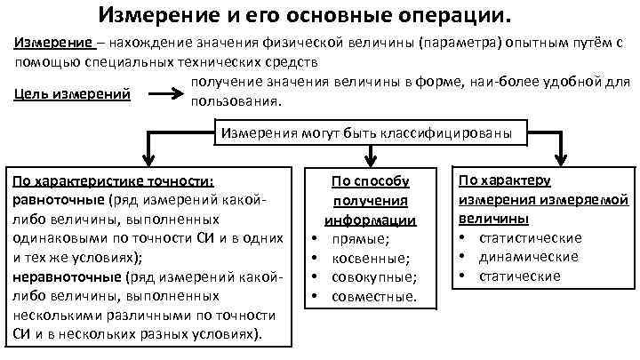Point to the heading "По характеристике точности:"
(x=114, y=180)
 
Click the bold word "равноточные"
(x=59, y=200)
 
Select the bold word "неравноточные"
(x=68, y=277)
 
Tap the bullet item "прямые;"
(x=360, y=239)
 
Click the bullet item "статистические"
(x=531, y=237)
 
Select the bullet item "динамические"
(x=528, y=257)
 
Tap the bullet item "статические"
(x=520, y=276)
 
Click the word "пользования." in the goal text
(x=236, y=101)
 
